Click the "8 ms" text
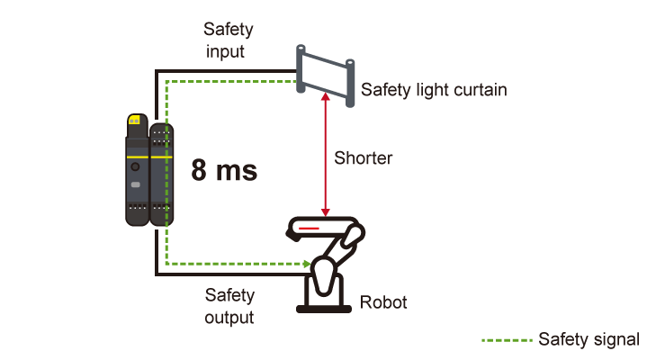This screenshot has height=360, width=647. [x=224, y=171]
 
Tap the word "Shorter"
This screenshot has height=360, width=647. [x=364, y=157]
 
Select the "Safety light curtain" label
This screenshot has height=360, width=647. [x=434, y=90]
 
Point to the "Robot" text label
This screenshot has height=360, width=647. [x=383, y=302]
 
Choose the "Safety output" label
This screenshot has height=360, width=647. [x=229, y=306]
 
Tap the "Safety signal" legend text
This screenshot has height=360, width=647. [x=589, y=339]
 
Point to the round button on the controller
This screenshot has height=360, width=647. [x=135, y=167]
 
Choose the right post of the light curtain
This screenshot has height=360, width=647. [x=348, y=82]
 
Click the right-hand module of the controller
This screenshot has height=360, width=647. [x=159, y=175]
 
